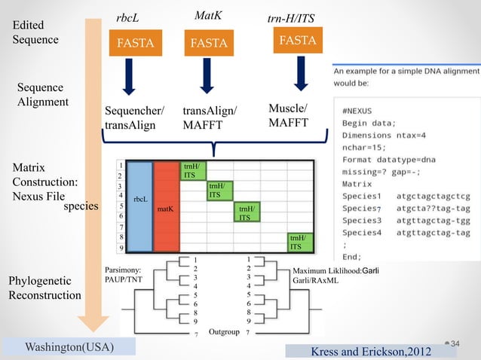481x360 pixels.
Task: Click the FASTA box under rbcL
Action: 134,43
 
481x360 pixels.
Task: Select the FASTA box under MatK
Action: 208,43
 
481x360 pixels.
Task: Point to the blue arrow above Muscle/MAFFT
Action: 301,74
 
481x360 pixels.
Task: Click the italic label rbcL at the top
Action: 127,17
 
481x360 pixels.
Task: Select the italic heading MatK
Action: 207,15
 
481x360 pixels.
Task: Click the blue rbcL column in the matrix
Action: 139,206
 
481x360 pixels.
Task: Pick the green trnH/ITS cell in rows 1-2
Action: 191,169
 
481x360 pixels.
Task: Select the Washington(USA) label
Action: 69,347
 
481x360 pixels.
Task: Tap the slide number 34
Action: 455,343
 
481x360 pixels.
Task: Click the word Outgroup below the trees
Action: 224,331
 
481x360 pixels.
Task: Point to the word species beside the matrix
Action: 83,205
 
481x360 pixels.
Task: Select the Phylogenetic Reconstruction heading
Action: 44,288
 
